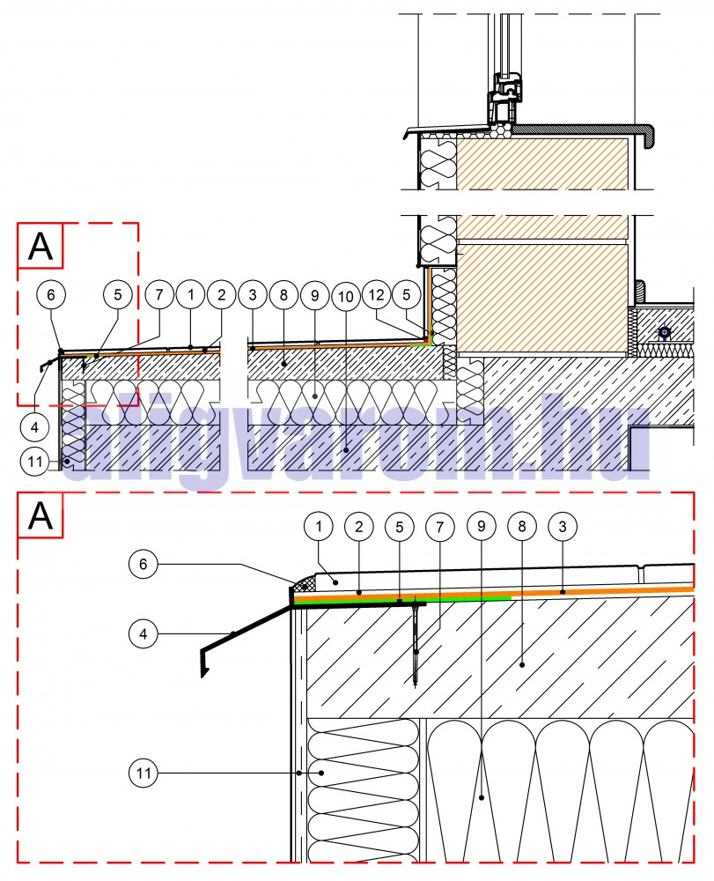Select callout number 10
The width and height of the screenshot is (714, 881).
pyautogui.click(x=345, y=297)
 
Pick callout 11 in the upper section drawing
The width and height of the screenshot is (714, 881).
pyautogui.click(x=33, y=459)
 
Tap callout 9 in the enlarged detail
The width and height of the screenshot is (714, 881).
pyautogui.click(x=481, y=527)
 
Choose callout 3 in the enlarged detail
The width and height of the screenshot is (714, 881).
pyautogui.click(x=562, y=527)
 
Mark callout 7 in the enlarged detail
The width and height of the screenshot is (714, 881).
pyautogui.click(x=440, y=527)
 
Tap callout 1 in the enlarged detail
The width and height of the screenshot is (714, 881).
pyautogui.click(x=319, y=527)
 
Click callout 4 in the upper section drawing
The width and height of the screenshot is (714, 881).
pyautogui.click(x=33, y=427)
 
